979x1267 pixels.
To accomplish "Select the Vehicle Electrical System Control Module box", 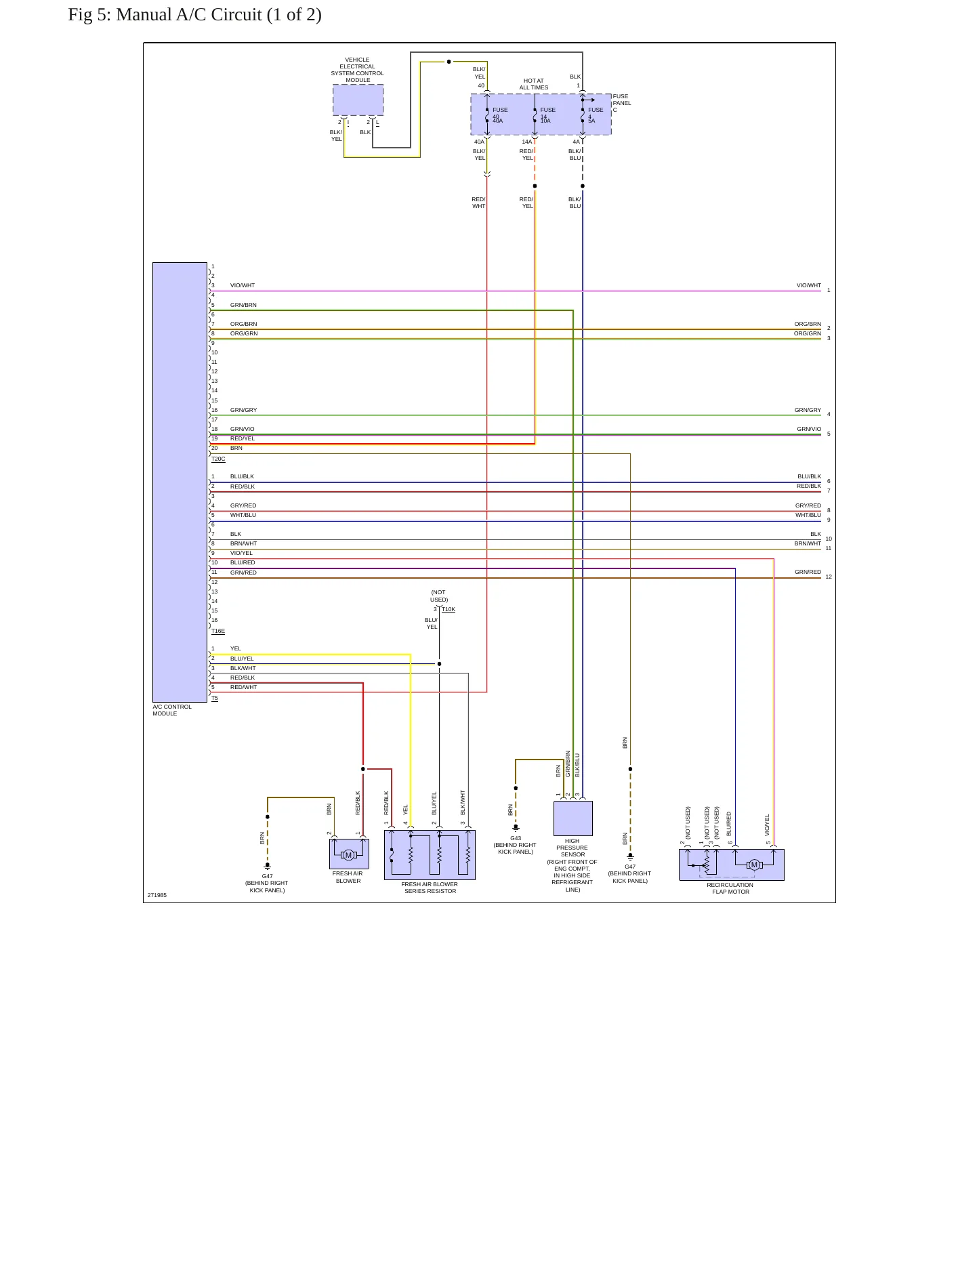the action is [x=358, y=100].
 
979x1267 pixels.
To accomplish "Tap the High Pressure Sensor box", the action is [x=573, y=818].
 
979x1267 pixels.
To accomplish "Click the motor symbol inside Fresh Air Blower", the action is [x=349, y=855].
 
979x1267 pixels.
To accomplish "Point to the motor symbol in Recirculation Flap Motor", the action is [x=754, y=865].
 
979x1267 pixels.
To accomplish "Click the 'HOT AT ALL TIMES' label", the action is [x=534, y=84].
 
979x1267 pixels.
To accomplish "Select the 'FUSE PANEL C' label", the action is [x=621, y=103].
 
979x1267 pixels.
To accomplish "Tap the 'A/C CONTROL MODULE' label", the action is [x=172, y=710].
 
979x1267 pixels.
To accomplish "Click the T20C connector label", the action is [x=218, y=459].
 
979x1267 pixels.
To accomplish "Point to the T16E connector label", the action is [x=218, y=631].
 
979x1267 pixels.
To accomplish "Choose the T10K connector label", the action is [x=449, y=610].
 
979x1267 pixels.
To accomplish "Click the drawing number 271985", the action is [x=157, y=895].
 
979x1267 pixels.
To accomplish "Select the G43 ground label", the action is [x=516, y=838].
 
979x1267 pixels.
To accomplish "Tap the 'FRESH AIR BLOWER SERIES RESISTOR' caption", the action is [x=430, y=888].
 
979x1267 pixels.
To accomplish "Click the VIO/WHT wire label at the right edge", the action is [x=808, y=286].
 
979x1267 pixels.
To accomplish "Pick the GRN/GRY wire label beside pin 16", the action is [x=244, y=411].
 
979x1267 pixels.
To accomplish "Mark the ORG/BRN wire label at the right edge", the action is [x=808, y=325].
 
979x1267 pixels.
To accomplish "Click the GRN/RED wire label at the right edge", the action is [x=808, y=573].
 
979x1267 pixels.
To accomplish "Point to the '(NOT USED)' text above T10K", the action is [x=439, y=596].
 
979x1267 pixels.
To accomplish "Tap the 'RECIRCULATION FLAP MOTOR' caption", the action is [x=730, y=888].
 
